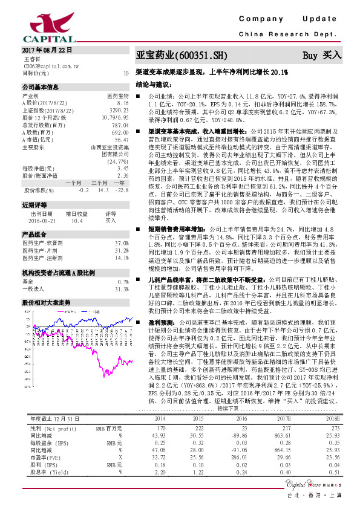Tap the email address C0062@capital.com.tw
(49, 66)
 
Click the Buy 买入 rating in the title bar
(322, 55)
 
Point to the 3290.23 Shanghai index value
(119, 110)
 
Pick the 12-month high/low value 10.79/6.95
(116, 117)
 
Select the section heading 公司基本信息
(41, 87)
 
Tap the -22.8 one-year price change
(123, 190)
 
